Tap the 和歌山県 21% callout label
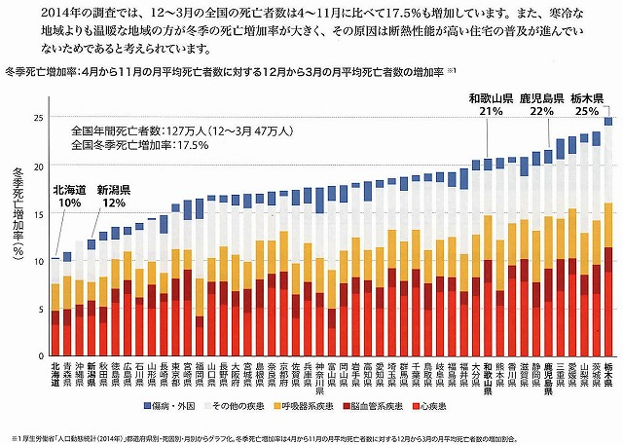pos(492,104)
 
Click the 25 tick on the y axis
pos(39,119)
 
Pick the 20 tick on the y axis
pos(39,167)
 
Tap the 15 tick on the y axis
pos(39,214)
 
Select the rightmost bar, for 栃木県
pos(608,243)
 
